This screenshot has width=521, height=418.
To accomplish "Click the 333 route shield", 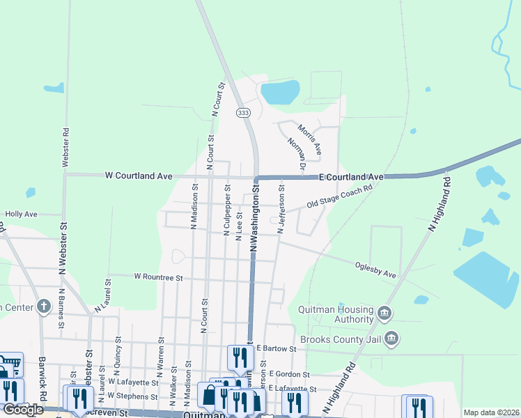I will click(243, 112).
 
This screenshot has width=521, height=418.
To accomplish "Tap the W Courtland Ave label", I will click(139, 176).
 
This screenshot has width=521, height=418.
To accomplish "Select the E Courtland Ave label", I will click(352, 178).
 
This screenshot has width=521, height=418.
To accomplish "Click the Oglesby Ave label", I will click(375, 270).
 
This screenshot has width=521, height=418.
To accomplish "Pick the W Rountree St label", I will click(158, 277).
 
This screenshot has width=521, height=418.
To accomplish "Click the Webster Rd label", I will click(65, 146).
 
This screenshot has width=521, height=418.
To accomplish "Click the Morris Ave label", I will click(309, 139).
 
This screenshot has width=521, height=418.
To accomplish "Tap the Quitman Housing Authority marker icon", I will click(384, 314).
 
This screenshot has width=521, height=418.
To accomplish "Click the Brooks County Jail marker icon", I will click(391, 339).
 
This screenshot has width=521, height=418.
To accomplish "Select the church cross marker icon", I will click(44, 306).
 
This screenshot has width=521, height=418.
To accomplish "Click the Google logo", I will click(23, 410).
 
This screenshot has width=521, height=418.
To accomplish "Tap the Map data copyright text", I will click(492, 412).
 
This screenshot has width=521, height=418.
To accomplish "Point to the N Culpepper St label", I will click(226, 210).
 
